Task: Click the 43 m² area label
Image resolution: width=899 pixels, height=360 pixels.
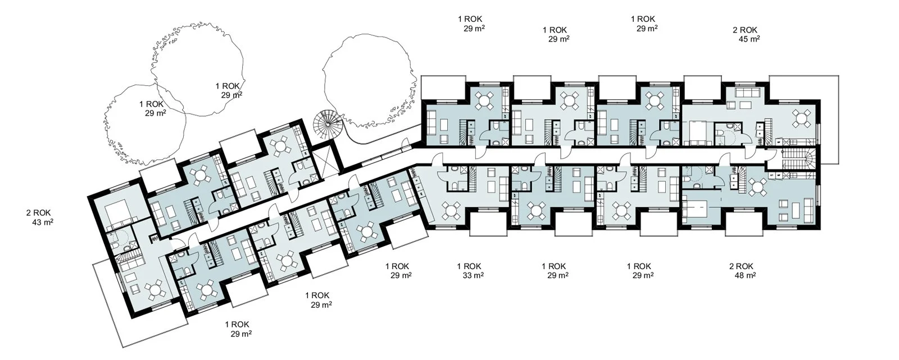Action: [43, 222]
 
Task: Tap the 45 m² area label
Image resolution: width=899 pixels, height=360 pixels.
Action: [750, 39]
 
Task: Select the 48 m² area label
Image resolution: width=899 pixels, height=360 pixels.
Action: [745, 275]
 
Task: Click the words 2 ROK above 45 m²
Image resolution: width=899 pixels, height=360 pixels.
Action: [745, 30]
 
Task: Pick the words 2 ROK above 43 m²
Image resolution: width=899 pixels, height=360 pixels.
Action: [39, 213]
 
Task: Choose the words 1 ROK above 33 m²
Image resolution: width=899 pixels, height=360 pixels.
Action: [469, 266]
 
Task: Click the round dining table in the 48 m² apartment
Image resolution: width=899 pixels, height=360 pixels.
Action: [757, 188]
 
